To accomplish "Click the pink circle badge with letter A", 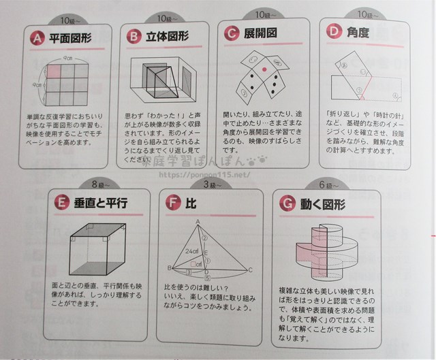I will point(33,39).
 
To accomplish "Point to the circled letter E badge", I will point(63,202).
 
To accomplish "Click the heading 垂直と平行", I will point(103,202).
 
